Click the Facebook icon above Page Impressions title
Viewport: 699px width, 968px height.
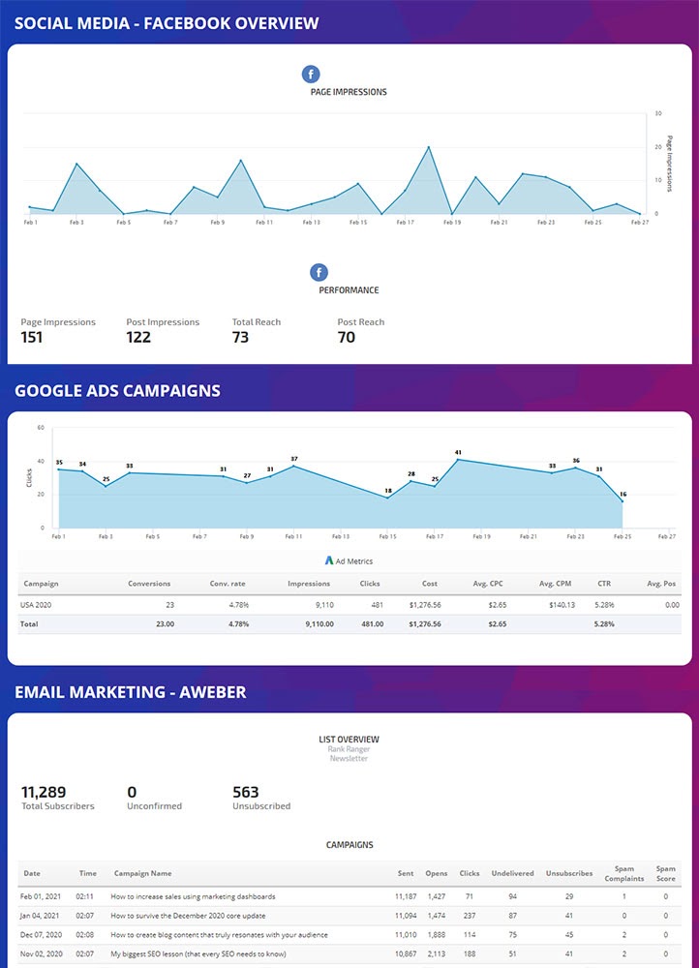click(311, 74)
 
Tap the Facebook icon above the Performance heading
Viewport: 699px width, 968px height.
click(319, 272)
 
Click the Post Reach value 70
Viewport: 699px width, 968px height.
click(346, 338)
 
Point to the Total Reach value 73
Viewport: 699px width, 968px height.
click(240, 338)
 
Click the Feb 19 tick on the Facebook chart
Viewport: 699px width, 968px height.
click(451, 222)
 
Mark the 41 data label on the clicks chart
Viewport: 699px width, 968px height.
click(458, 452)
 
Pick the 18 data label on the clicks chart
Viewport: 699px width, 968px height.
click(388, 491)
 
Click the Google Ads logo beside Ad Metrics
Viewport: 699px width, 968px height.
click(329, 560)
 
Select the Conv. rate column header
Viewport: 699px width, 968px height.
click(228, 584)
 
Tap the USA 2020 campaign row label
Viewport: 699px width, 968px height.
click(37, 605)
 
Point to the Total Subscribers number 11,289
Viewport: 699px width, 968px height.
click(44, 792)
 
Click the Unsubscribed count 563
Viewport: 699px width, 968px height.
click(246, 792)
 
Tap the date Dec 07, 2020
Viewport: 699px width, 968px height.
click(41, 934)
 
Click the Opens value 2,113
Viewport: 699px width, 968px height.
click(437, 953)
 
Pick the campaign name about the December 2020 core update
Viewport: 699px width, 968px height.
click(188, 916)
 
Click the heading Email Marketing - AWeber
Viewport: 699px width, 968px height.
click(130, 692)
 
